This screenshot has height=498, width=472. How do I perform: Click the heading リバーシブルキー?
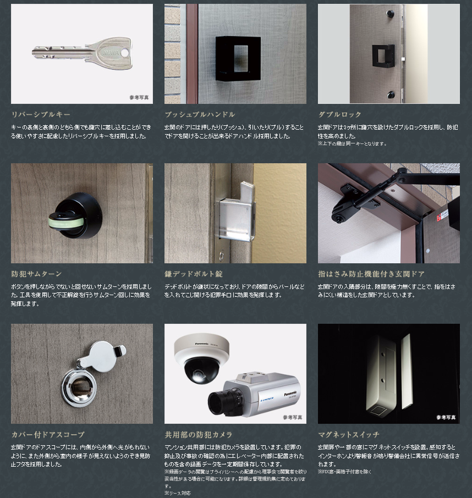pyautogui.click(x=41, y=114)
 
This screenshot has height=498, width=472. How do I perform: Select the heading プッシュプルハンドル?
pyautogui.click(x=200, y=114)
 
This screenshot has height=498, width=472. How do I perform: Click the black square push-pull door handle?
pyautogui.click(x=238, y=58)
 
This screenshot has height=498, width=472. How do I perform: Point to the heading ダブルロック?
pyautogui.click(x=340, y=114)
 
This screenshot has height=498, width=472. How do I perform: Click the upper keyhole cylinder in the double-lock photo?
pyautogui.click(x=389, y=14)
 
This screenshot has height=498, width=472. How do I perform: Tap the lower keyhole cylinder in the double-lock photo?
pyautogui.click(x=391, y=95)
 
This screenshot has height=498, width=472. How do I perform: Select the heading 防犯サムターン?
pyautogui.click(x=36, y=274)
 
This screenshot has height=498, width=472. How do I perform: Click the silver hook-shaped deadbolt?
pyautogui.click(x=236, y=211)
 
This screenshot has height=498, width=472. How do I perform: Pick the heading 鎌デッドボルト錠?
pyautogui.click(x=194, y=274)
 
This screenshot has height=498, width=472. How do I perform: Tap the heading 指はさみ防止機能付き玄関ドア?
pyautogui.click(x=371, y=274)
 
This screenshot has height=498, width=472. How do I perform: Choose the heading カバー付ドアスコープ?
pyautogui.click(x=48, y=434)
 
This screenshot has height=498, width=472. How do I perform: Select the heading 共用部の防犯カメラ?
pyautogui.click(x=199, y=434)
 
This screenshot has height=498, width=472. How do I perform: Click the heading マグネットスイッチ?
pyautogui.click(x=349, y=434)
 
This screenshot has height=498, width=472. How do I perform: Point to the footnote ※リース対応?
pyautogui.click(x=177, y=493)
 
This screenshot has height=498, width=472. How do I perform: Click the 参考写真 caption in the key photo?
pyautogui.click(x=139, y=97)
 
